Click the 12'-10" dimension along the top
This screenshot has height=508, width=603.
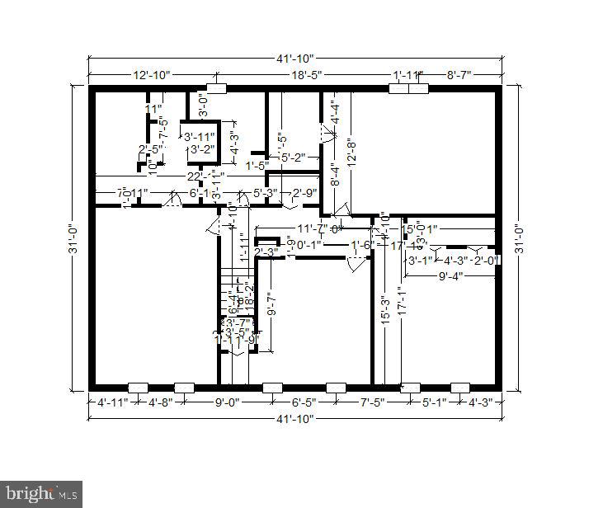click(152, 75)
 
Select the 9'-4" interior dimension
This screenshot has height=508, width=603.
click(450, 276)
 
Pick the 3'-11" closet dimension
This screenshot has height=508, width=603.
click(199, 137)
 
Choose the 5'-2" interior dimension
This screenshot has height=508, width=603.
click(292, 157)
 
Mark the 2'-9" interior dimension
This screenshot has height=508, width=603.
click(304, 193)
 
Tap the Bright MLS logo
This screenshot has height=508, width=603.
click(40, 495)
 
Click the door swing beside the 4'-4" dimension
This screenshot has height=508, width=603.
click(325, 132)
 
